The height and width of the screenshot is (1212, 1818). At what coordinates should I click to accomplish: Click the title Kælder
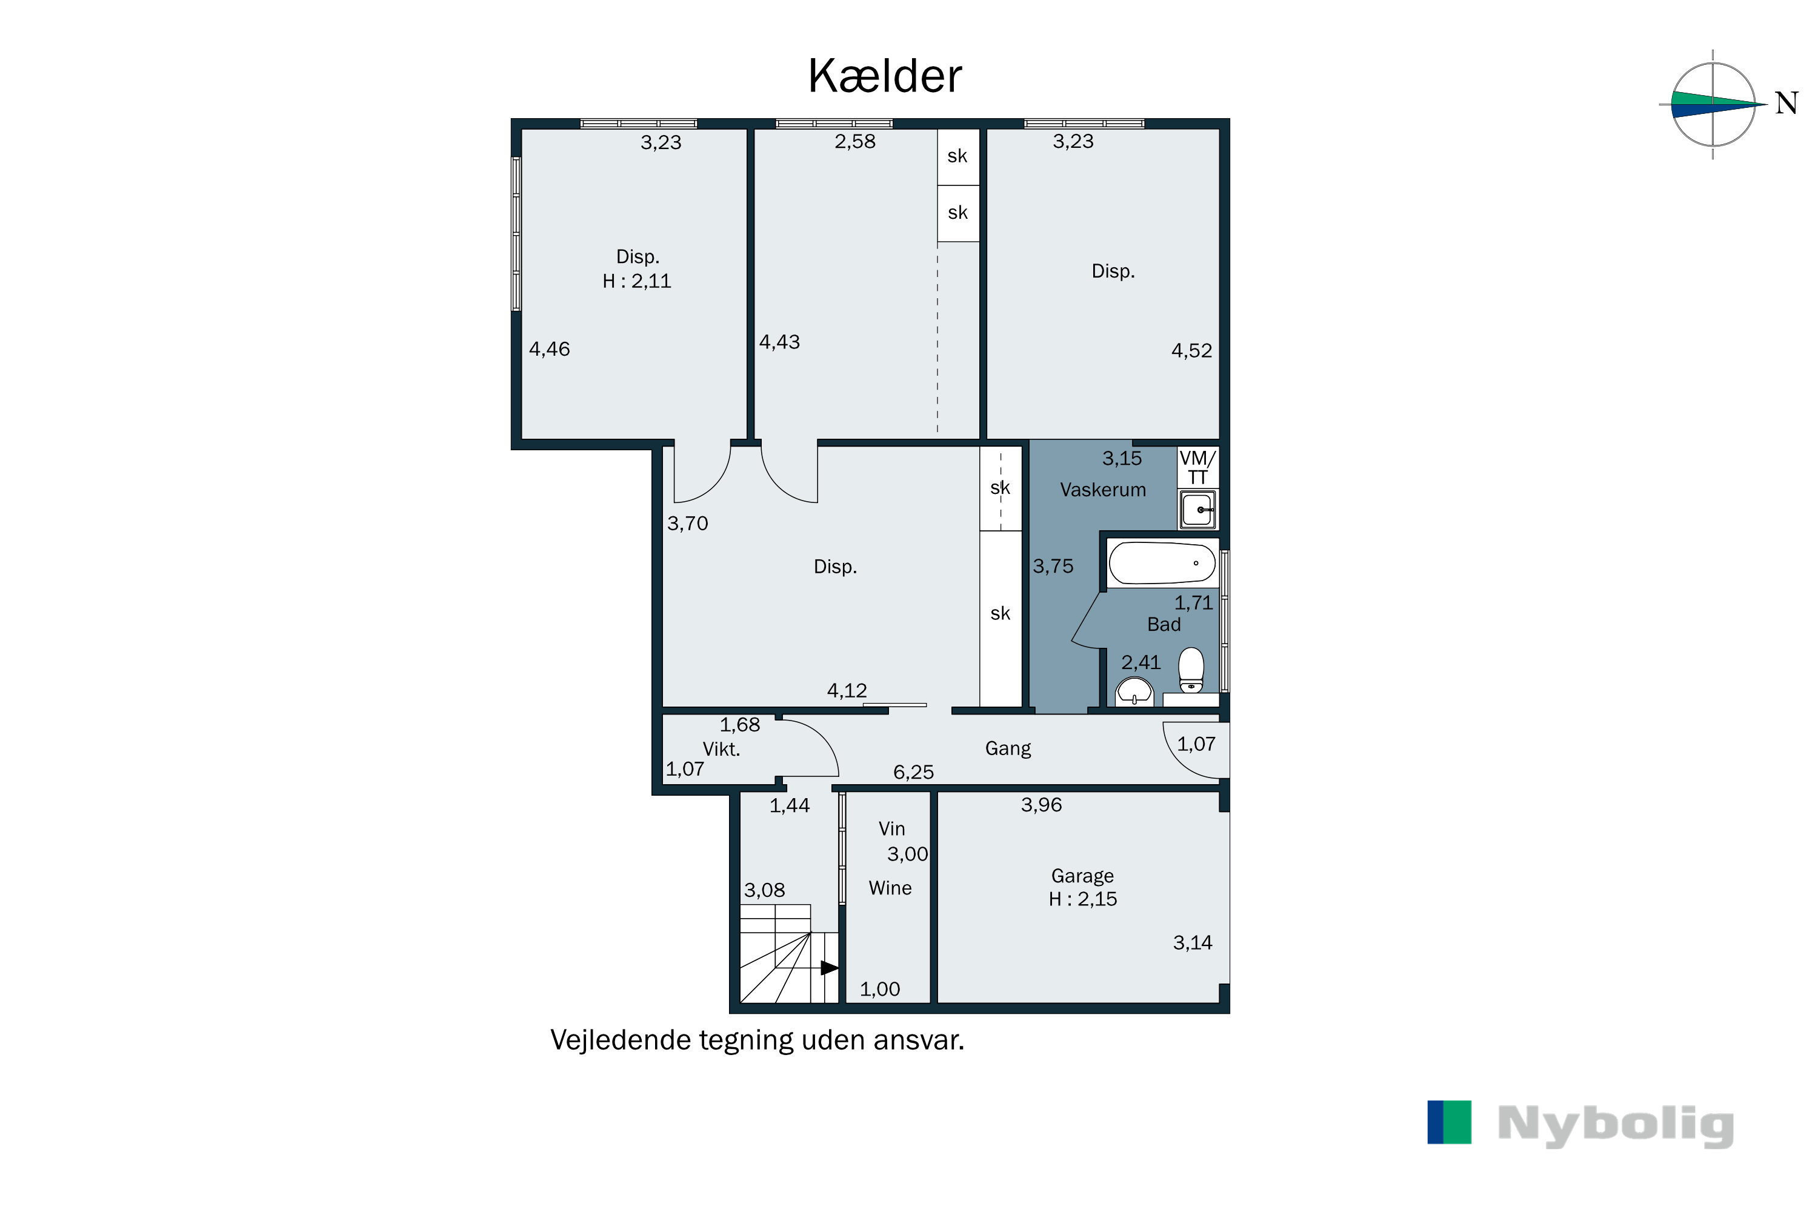884,76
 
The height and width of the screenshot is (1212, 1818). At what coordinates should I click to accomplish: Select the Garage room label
1082,876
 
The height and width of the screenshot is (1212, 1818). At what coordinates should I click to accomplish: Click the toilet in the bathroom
1191,670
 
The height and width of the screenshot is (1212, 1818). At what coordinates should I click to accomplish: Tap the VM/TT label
1197,468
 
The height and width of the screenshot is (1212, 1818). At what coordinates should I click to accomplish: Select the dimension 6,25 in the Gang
914,772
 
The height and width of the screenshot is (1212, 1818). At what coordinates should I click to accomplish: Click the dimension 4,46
550,350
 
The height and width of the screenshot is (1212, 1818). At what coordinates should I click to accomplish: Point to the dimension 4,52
1192,351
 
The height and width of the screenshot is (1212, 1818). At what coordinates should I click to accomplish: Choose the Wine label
890,888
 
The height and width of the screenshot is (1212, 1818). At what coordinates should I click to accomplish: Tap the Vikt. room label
721,749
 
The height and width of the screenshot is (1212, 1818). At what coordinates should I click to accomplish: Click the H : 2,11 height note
637,281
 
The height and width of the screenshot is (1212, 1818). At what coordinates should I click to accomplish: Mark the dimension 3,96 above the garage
1041,805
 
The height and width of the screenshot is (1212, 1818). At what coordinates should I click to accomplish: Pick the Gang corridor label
1008,749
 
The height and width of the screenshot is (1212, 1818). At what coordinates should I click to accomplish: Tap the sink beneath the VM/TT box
1197,510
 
